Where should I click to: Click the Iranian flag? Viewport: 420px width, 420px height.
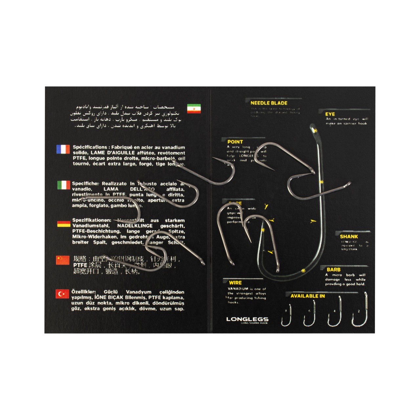tap(194, 109)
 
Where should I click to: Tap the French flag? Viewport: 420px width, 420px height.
tap(63, 149)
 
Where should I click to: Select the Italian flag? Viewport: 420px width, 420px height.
tap(63, 185)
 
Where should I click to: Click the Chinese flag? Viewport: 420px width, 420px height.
tap(63, 260)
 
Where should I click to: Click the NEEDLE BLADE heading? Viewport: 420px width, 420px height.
tap(269, 103)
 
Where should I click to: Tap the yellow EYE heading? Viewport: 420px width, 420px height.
tap(330, 114)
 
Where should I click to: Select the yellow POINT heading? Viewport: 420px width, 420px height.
tap(235, 142)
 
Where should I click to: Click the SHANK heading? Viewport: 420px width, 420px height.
tap(349, 237)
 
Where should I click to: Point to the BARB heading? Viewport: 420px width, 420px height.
tap(333, 270)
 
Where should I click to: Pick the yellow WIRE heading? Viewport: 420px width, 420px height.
tap(235, 283)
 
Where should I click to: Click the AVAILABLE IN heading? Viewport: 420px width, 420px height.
tap(307, 296)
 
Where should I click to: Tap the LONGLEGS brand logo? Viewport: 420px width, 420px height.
tap(247, 319)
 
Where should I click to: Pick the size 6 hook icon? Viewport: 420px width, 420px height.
tap(310, 314)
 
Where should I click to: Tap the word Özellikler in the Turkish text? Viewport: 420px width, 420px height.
tap(83, 292)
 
